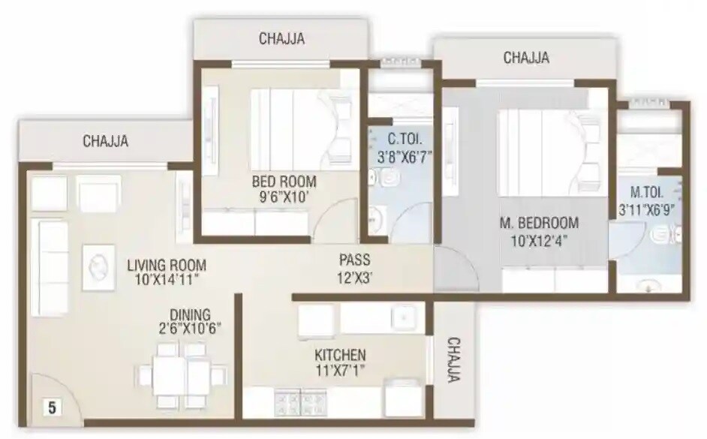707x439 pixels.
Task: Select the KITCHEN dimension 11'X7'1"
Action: coord(340,369)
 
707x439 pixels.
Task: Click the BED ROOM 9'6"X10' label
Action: coord(284,189)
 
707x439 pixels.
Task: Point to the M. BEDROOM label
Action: coord(539,223)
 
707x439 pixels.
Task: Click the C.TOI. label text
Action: coord(403,139)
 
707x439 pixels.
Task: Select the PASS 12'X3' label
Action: coord(354,268)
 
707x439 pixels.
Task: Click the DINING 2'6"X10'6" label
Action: coord(190,322)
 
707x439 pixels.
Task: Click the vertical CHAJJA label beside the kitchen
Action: coord(454,360)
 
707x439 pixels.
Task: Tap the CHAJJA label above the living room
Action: coord(105,140)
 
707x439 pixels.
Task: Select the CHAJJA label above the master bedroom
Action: coord(525,58)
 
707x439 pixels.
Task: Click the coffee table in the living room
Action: coord(98,266)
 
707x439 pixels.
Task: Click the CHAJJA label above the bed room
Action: coord(281,39)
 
